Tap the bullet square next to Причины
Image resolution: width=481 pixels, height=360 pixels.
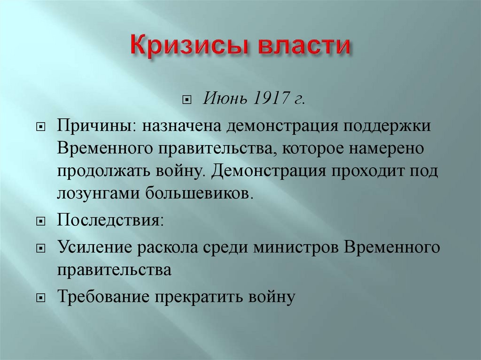tap(41, 128)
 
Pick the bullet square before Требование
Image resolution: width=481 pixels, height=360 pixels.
tap(41, 298)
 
